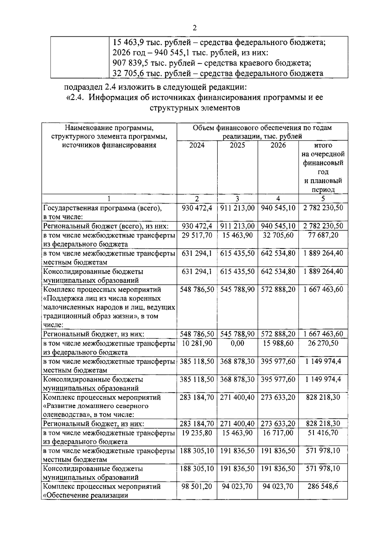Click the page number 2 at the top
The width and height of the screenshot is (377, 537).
pyautogui.click(x=194, y=28)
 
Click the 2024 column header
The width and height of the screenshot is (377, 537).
pyautogui.click(x=197, y=145)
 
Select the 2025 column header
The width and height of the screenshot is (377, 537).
pyautogui.click(x=237, y=145)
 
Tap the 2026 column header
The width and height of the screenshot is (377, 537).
pyautogui.click(x=278, y=145)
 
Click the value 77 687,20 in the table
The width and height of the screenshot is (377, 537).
pyautogui.click(x=323, y=235)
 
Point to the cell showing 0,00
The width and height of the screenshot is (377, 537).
pyautogui.click(x=237, y=343)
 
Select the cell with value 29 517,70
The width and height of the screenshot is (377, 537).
pyautogui.click(x=197, y=235)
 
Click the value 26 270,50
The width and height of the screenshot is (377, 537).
pyautogui.click(x=323, y=343)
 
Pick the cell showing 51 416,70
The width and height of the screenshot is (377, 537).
pyautogui.click(x=323, y=433)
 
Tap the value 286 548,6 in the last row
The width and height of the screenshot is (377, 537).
pyautogui.click(x=323, y=486)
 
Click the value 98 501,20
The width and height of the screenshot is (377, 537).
pyautogui.click(x=197, y=486)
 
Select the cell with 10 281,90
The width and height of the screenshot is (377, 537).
pyautogui.click(x=197, y=343)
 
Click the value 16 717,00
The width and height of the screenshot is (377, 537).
pyautogui.click(x=278, y=433)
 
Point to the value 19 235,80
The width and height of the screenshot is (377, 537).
pyautogui.click(x=197, y=433)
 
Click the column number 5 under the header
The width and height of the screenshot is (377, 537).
pyautogui.click(x=323, y=199)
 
